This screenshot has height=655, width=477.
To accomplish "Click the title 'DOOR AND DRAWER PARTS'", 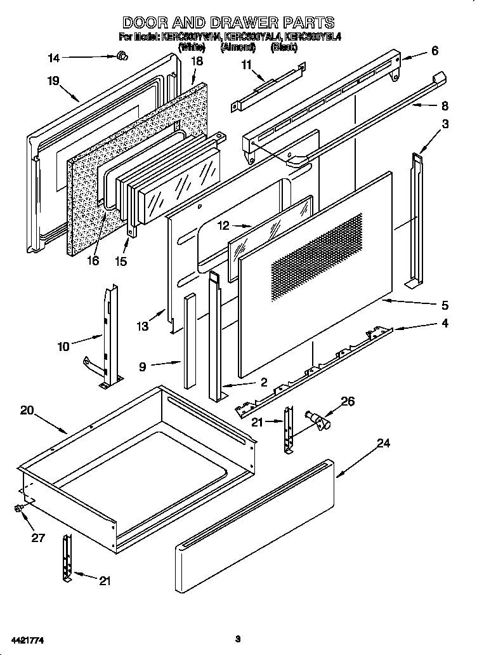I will click(228, 23).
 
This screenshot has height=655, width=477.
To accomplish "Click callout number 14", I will click(54, 58).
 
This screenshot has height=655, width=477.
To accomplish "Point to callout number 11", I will click(246, 64).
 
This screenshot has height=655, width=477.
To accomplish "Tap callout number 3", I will click(445, 124).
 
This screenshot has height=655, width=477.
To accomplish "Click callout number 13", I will click(143, 326).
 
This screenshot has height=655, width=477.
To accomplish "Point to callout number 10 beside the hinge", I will click(63, 347).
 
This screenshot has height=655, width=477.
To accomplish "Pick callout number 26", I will click(347, 401).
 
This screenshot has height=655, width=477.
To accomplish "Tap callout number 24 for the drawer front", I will click(383, 444).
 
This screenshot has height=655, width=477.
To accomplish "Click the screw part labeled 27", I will click(20, 508).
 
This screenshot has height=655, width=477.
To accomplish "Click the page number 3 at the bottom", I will click(237, 638).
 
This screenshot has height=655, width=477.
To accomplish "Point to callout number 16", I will click(94, 261).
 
